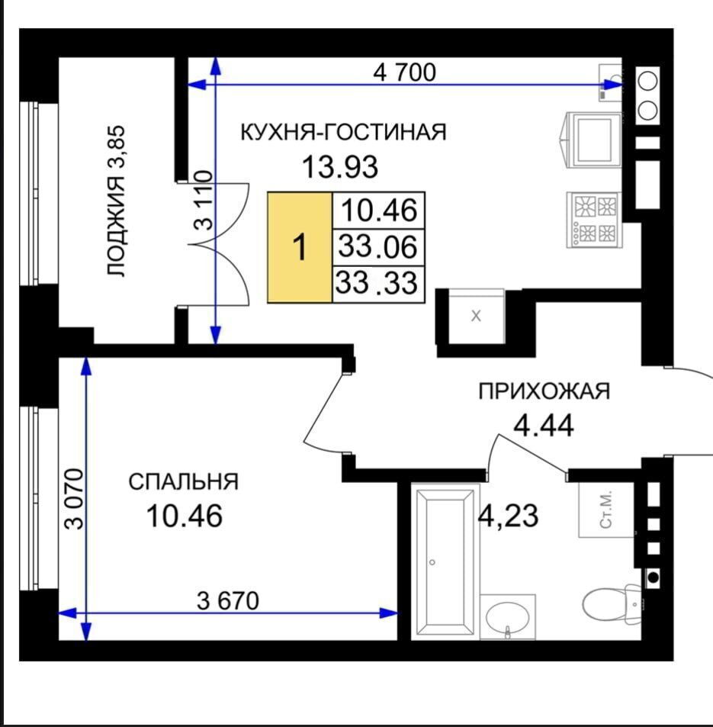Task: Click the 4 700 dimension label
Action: tap(404, 72)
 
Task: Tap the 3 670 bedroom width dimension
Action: tap(227, 601)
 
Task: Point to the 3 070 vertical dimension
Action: tap(74, 499)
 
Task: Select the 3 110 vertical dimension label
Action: tap(203, 201)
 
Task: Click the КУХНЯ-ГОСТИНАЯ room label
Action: tap(343, 132)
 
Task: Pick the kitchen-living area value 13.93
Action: tap(340, 167)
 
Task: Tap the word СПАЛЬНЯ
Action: tap(184, 481)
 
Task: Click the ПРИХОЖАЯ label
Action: tap(544, 391)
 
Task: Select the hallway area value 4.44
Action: tap(544, 425)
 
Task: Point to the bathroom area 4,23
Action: tap(509, 516)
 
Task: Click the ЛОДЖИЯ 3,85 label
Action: tap(116, 201)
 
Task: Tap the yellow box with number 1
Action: tap(300, 248)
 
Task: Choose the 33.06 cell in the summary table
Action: tap(377, 246)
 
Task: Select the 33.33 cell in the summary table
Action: tap(377, 284)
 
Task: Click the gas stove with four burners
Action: tap(594, 220)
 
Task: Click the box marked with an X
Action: tap(476, 317)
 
